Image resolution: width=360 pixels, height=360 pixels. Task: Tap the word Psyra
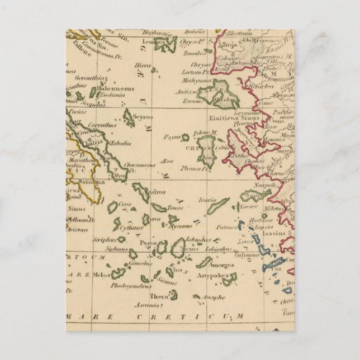(171, 136)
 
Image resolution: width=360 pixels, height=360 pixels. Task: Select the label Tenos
(175, 207)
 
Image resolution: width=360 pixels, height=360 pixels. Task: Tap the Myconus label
(180, 226)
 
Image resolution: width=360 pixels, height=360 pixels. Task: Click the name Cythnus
(131, 228)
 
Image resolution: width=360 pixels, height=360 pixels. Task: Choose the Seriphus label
(106, 239)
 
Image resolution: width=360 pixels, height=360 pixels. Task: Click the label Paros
(148, 243)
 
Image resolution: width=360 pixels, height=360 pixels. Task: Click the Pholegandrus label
(130, 286)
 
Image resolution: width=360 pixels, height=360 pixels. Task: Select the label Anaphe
(213, 297)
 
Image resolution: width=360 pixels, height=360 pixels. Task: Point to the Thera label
(158, 297)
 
